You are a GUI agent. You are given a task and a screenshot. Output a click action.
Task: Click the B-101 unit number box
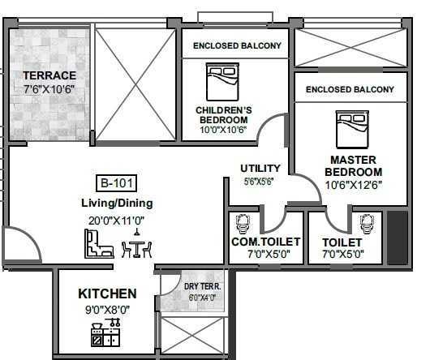coord(117,183)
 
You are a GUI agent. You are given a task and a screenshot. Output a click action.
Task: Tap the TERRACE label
coord(49,75)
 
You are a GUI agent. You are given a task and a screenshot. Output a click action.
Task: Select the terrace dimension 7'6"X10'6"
coord(49,89)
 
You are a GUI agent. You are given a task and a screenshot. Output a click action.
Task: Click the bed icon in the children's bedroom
coord(222,82)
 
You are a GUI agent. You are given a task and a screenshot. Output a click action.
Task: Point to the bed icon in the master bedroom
coord(352,129)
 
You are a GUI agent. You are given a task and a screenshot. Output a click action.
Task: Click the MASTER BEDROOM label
coord(354,166)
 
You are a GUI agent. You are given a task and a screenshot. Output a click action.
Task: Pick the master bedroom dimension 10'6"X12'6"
coord(354,185)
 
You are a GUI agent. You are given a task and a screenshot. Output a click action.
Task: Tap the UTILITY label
coord(260,168)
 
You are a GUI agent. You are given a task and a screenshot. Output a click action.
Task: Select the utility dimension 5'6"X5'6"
coord(259,181)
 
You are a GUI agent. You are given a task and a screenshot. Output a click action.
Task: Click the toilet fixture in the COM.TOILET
coord(243,224)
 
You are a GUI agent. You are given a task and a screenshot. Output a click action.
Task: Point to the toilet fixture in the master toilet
coord(367,224)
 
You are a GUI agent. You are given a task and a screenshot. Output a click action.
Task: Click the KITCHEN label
coord(107,294)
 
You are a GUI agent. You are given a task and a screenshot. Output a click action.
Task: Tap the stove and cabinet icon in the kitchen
coord(105,332)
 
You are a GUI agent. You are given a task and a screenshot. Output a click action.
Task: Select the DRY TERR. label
coord(202,286)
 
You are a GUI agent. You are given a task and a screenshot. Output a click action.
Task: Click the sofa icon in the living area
coord(99,244)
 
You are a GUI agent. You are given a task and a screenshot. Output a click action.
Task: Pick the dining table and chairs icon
coord(136,245)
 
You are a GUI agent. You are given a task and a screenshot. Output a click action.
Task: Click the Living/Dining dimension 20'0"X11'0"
coord(116,221)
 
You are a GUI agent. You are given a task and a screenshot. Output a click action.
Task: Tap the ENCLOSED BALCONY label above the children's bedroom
coord(237,45)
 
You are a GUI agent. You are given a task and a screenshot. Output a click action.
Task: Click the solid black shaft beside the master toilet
coord(398,238)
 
